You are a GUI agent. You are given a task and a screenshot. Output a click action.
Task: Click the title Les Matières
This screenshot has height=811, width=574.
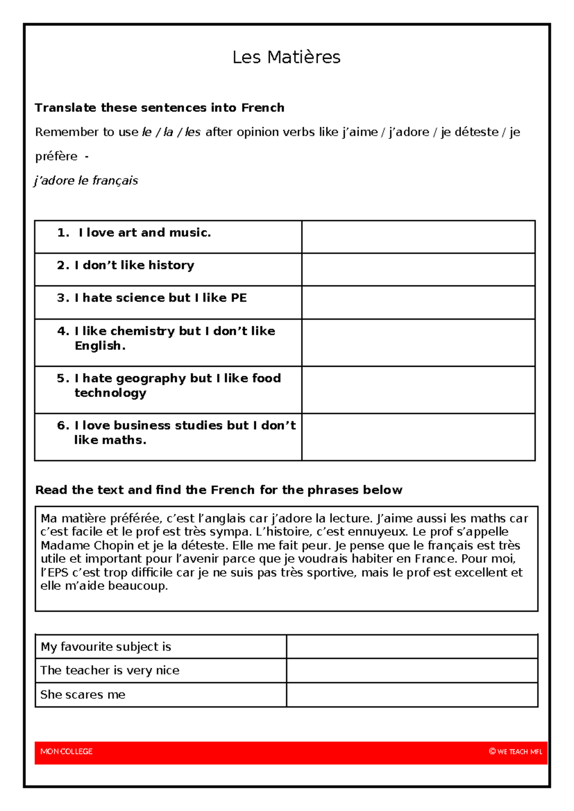[x=286, y=57]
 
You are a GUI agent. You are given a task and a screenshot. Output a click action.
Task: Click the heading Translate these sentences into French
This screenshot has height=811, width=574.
[x=159, y=108]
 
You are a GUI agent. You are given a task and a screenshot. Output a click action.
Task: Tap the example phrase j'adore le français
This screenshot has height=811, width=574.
[x=86, y=181]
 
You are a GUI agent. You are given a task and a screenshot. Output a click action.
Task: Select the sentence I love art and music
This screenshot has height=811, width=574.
[x=144, y=233]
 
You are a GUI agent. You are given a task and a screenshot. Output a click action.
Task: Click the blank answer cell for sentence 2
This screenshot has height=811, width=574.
[x=418, y=270]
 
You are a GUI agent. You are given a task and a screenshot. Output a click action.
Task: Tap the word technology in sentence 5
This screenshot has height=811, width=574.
[x=110, y=393]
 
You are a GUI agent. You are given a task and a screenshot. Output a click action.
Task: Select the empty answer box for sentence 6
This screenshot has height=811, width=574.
[x=418, y=437]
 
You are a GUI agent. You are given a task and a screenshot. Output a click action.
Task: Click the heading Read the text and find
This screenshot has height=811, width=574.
[x=219, y=490]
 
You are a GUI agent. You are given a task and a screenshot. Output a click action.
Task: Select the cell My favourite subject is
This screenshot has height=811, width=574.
[x=106, y=647]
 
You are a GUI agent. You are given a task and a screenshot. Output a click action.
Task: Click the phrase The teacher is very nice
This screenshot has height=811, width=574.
[x=110, y=670]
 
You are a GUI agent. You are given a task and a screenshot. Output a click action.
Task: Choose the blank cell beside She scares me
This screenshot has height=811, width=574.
[x=412, y=695]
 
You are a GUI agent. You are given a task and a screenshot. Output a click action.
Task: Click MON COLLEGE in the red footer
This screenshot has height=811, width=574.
[x=66, y=752]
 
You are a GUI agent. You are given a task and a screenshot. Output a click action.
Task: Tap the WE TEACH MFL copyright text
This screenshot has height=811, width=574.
[x=516, y=752]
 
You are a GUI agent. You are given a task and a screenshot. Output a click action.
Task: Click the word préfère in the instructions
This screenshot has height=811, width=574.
[x=56, y=156]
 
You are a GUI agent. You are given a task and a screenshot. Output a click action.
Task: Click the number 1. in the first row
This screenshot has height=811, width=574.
[x=63, y=233]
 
